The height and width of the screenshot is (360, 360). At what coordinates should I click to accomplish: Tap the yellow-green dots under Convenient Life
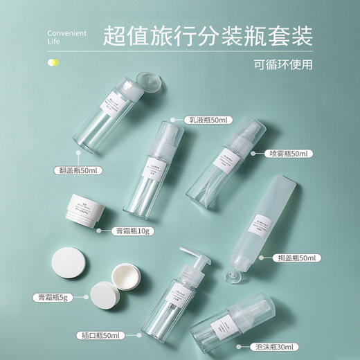point(52,64)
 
